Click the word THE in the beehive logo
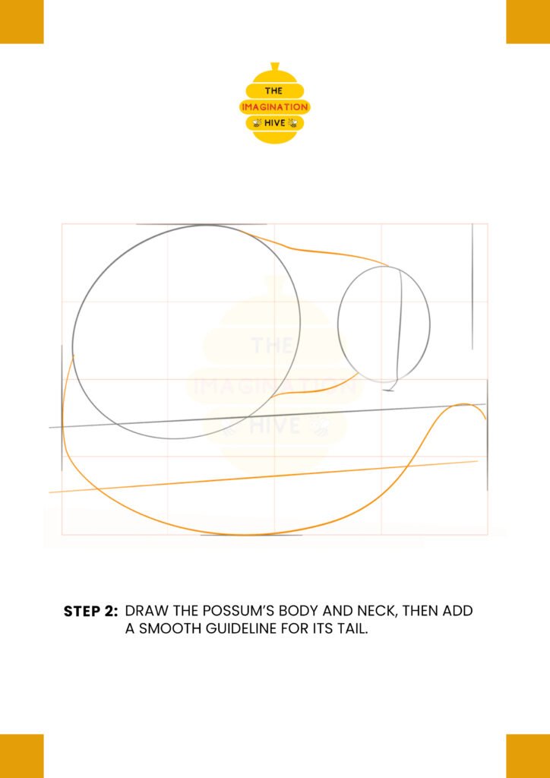(273, 91)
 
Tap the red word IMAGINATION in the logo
(275, 106)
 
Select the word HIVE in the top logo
(275, 123)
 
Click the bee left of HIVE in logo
(257, 123)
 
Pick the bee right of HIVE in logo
(292, 123)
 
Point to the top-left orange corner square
(22, 22)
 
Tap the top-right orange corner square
(528, 22)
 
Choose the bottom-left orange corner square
(22, 756)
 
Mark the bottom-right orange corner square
(528, 756)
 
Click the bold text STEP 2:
(90, 612)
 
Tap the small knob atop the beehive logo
(275, 66)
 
